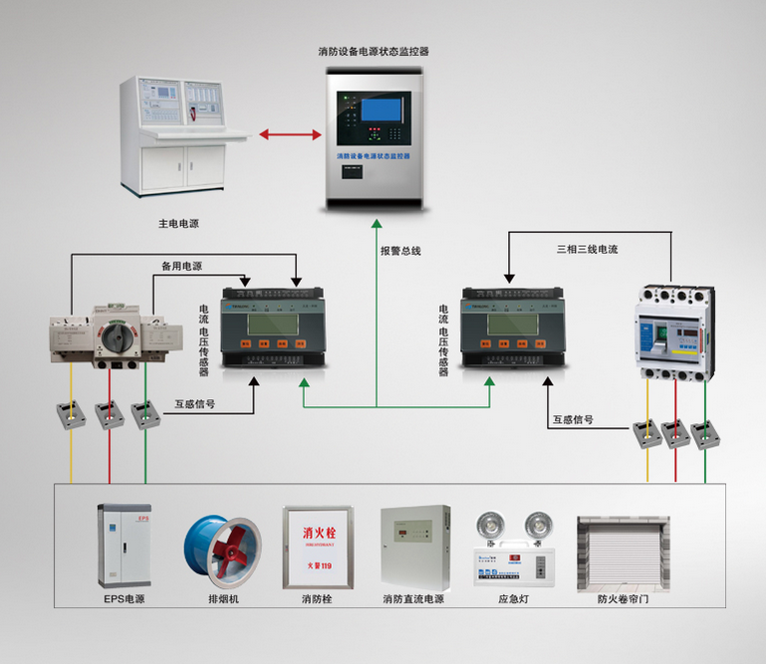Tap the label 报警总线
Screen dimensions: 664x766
[x=400, y=251]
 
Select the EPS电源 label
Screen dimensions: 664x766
[x=125, y=599]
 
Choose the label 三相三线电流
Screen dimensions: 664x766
[x=587, y=249]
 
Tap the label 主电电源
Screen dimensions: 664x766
[x=178, y=224]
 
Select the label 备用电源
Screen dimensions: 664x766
[x=181, y=266]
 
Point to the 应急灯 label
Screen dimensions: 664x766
[x=511, y=599]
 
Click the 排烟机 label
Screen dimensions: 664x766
[x=223, y=599]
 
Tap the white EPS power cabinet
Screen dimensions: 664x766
[x=125, y=547]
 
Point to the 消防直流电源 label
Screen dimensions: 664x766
[x=412, y=599]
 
